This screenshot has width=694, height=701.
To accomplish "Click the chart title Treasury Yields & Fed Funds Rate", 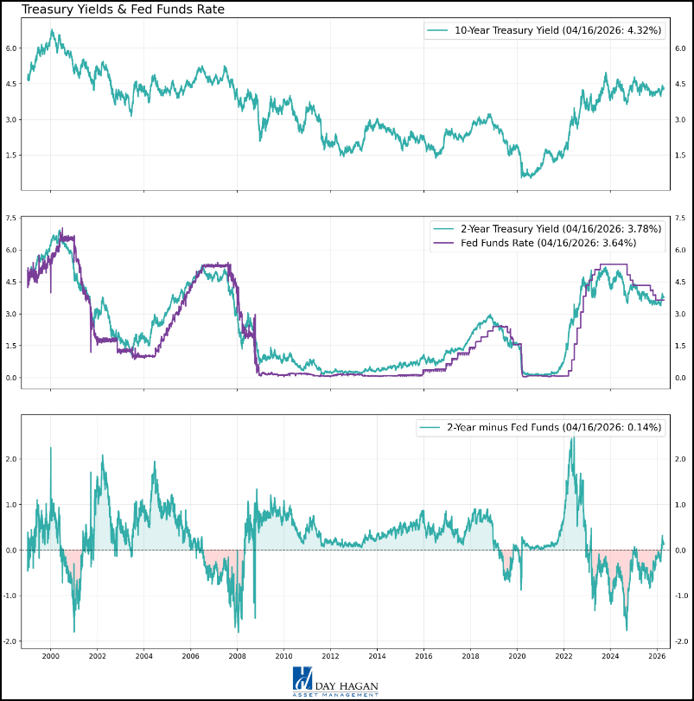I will pos(123,10).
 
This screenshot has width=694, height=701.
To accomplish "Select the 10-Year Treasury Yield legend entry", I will pos(553,30).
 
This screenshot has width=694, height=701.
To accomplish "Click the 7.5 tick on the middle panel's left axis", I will pos(10,218).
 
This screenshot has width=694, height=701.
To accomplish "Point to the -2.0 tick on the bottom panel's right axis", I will pos(681,641).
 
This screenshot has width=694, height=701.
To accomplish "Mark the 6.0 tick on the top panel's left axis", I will pos(10,48).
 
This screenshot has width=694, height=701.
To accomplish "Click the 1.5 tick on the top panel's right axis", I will pos(681,155).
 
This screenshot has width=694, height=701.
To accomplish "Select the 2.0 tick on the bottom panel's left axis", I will pos(10,459).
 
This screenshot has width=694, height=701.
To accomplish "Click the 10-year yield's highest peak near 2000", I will pos(53,31).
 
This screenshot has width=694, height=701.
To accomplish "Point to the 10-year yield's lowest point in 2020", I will pos(524,177).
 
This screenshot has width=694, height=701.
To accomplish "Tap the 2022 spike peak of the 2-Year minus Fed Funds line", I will pos(571,438).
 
